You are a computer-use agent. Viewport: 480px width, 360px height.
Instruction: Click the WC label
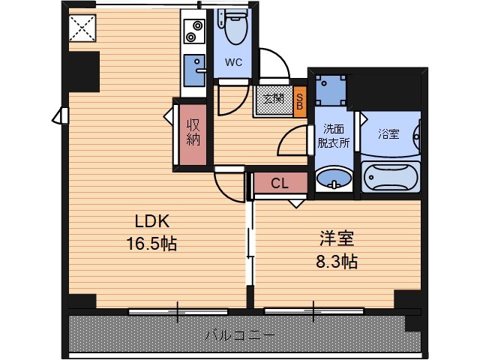coord(233,62)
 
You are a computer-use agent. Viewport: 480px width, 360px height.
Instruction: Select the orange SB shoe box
coord(300,102)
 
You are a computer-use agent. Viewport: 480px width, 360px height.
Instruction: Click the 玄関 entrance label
coord(273,98)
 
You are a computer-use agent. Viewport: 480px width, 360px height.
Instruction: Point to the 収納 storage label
coord(193,132)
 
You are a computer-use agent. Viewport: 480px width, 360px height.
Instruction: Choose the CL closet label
coord(280,183)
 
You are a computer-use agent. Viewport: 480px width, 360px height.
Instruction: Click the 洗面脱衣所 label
coord(333,136)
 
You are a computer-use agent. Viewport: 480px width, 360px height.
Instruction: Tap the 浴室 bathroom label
coord(388,134)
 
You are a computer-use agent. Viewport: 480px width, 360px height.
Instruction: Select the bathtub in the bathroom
coord(390,177)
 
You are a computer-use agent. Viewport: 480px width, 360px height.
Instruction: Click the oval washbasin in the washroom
coord(334,178)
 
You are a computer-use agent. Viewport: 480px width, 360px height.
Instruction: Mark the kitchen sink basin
coord(194,70)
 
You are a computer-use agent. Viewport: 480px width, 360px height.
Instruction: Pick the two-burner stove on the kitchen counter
coord(194,31)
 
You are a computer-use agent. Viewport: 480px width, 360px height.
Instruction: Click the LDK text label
coord(152,221)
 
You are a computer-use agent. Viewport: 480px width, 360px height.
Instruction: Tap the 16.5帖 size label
coord(151,244)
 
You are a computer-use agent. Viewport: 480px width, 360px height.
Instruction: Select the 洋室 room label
coord(337,238)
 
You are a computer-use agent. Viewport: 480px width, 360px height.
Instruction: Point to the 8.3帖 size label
coord(337,262)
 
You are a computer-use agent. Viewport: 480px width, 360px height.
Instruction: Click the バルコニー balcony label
coord(240,335)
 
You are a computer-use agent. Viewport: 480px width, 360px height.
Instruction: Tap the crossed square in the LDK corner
coord(82,28)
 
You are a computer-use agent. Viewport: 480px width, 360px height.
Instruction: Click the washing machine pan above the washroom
coord(331,91)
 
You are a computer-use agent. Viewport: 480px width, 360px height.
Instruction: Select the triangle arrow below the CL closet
coord(296,203)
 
